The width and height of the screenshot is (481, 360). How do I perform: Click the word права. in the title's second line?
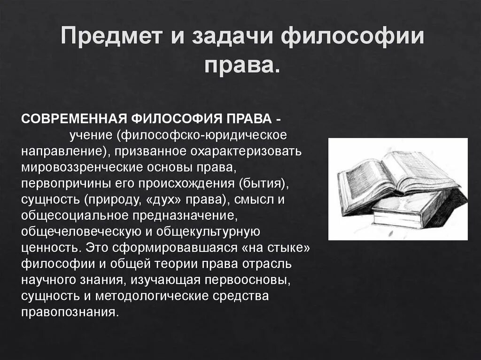(x=242, y=66)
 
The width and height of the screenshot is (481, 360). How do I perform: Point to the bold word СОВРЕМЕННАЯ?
(x=75, y=119)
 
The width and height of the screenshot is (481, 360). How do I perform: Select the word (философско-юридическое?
(x=203, y=136)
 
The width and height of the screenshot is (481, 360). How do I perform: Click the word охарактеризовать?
(x=246, y=152)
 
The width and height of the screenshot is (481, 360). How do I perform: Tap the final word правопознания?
(x=68, y=312)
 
